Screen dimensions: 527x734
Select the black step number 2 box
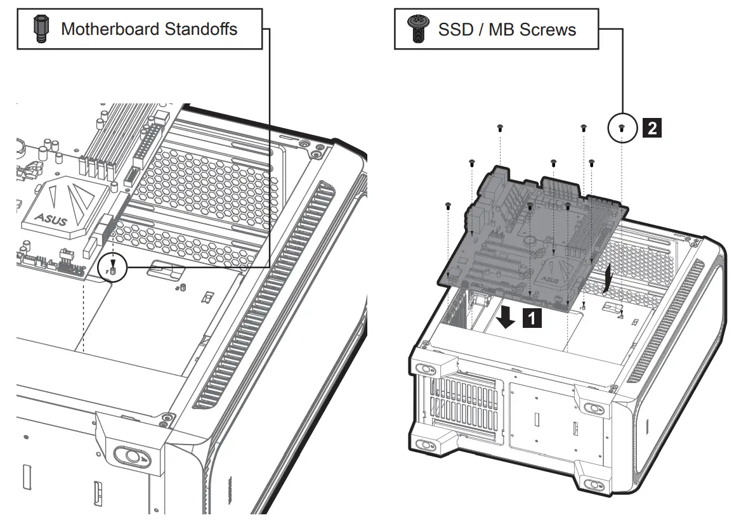(652, 128)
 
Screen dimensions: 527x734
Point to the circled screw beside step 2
(622, 128)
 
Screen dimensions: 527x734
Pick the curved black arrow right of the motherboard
(608, 277)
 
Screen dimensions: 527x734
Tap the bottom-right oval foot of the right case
(594, 485)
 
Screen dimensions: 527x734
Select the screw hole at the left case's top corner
(315, 152)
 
